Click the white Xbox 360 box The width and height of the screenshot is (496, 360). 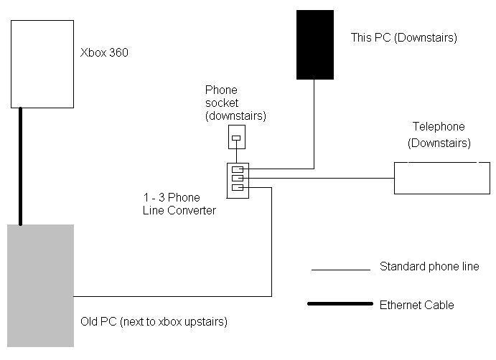click(x=42, y=63)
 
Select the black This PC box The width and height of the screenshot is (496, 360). click(x=314, y=44)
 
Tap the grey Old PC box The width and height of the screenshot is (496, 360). click(x=40, y=285)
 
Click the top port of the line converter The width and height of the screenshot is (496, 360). click(x=238, y=170)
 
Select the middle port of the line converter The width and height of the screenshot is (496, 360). click(x=238, y=179)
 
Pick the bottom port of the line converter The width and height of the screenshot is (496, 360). click(x=238, y=188)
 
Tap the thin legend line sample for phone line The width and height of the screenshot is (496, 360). click(x=340, y=270)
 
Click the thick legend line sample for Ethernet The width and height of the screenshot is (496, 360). click(x=340, y=304)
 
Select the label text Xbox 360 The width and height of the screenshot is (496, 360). click(x=104, y=52)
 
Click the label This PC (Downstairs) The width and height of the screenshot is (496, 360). click(x=403, y=37)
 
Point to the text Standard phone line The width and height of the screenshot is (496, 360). click(x=429, y=267)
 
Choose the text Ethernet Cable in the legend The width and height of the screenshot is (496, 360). click(x=416, y=305)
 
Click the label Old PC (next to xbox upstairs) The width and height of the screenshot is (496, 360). click(x=154, y=321)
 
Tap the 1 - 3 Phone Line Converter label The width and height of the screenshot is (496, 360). click(x=179, y=204)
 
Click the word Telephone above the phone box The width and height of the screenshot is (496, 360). click(x=437, y=127)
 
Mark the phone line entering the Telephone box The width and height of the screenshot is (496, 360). click(x=359, y=179)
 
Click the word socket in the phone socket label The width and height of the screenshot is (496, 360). click(x=221, y=103)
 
